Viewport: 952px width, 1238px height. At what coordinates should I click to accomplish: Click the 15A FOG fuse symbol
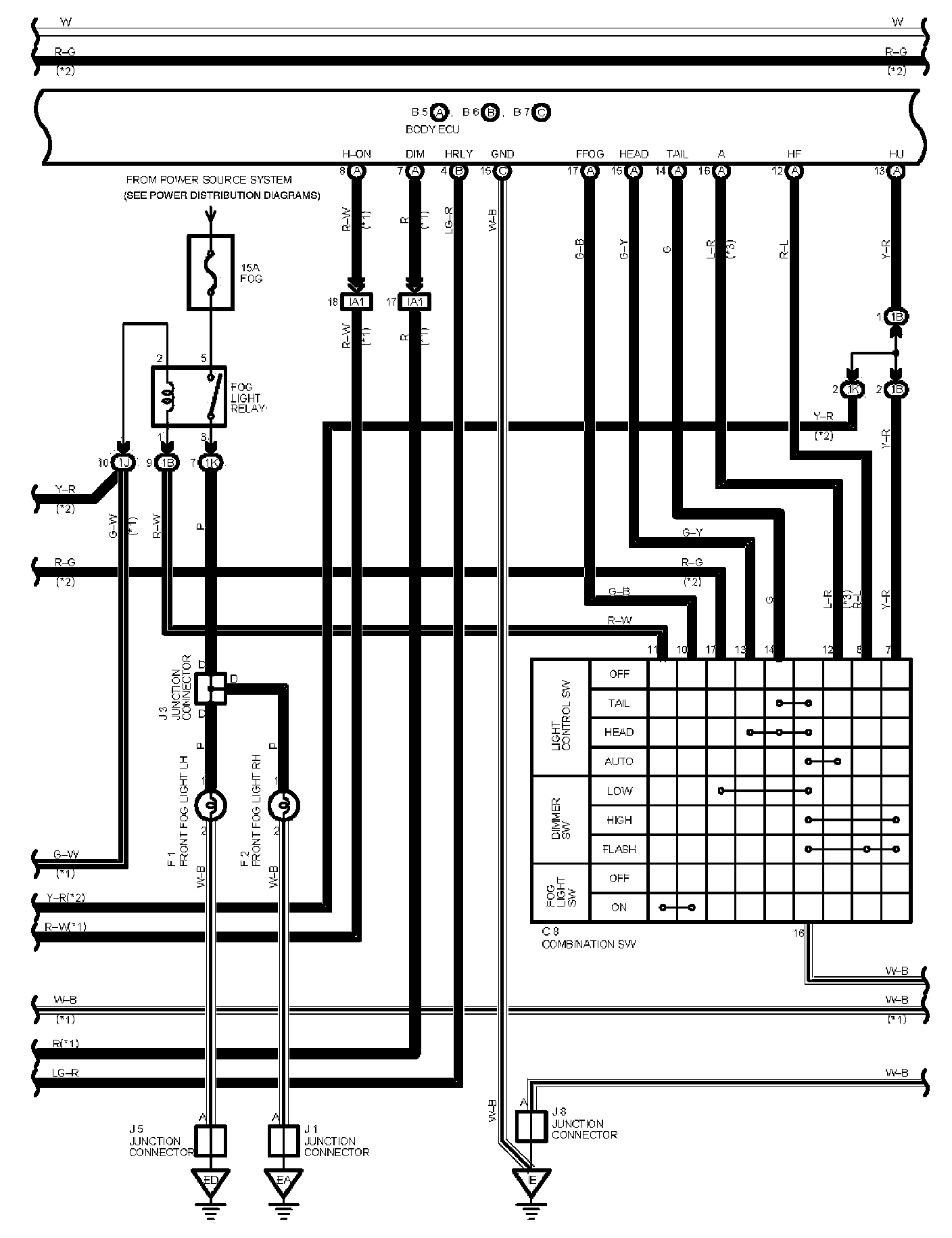[210, 273]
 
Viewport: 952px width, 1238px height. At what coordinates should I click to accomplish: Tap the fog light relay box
[188, 397]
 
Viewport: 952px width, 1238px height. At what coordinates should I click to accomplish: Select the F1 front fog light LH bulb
[210, 805]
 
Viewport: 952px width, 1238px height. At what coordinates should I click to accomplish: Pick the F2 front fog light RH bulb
[284, 805]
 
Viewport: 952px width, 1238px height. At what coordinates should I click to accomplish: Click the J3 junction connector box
[210, 688]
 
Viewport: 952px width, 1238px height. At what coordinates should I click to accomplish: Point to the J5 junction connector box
[210, 1141]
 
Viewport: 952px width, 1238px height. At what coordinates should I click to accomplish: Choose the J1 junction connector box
[284, 1141]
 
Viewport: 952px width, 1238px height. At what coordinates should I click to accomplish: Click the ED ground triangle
[210, 1180]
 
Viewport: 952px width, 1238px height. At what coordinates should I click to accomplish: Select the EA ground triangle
[284, 1180]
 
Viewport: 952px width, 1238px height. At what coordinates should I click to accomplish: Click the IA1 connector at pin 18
[356, 302]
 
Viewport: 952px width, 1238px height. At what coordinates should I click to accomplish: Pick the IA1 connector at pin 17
[414, 302]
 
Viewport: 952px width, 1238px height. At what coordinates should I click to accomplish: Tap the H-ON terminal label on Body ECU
[356, 154]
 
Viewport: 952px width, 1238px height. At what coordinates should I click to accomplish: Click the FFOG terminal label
[590, 154]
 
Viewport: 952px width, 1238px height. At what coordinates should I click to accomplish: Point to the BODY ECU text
[432, 129]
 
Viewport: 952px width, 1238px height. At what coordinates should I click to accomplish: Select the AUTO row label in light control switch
[619, 762]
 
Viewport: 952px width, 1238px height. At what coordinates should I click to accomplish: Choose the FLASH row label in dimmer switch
[619, 849]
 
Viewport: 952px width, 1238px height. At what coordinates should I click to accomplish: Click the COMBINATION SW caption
[588, 944]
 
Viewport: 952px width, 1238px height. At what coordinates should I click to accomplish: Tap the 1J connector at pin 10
[123, 463]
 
